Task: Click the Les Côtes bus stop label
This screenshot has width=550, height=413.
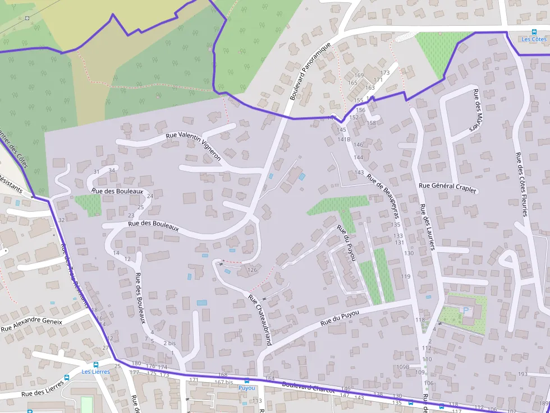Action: [534, 39]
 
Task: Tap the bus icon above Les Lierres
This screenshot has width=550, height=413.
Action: [95, 364]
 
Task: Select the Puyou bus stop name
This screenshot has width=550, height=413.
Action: [246, 388]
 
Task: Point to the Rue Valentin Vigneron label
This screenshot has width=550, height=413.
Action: [194, 146]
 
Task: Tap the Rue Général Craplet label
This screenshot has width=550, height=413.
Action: [447, 188]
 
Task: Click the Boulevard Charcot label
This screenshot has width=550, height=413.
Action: [308, 387]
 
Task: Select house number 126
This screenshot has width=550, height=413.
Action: [252, 270]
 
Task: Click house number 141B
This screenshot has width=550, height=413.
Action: [344, 139]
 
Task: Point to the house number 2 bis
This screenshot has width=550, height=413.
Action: [169, 342]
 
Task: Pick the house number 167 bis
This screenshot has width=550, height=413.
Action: [223, 383]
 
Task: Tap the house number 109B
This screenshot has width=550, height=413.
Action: [403, 367]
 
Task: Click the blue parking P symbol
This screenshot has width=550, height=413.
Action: [465, 309]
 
